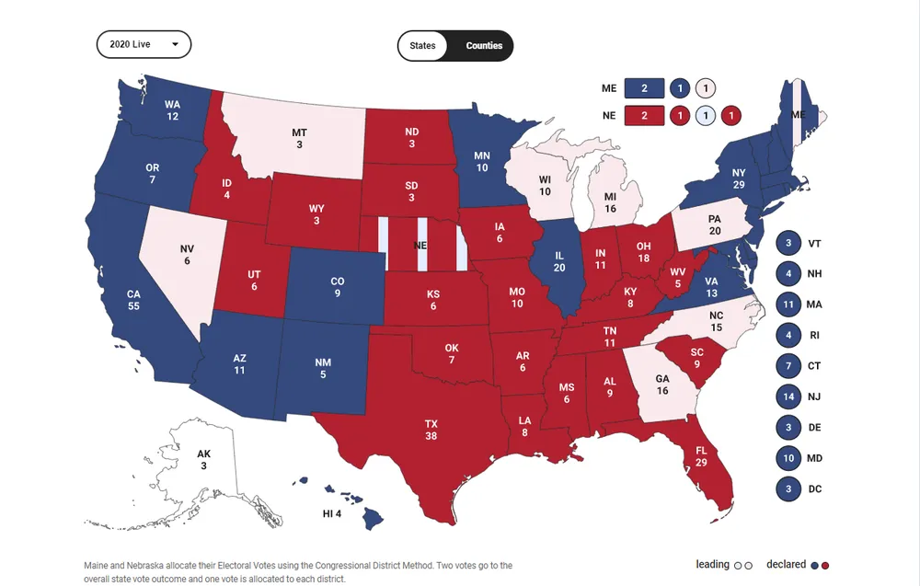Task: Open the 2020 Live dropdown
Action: tap(144, 44)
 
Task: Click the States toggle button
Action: tap(423, 45)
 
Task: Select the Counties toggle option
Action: tap(484, 45)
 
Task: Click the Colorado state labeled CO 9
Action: tap(337, 287)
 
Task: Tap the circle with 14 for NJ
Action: tap(788, 396)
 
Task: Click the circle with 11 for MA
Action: tap(788, 304)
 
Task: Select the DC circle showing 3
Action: tap(788, 488)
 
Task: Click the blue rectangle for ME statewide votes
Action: tap(644, 88)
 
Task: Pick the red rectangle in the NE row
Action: tap(644, 115)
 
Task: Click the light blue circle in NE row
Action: tap(705, 115)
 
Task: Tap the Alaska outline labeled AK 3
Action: tap(203, 459)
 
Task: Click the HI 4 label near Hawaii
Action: tap(332, 512)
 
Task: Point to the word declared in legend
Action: tap(786, 565)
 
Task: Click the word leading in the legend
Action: tap(712, 565)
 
